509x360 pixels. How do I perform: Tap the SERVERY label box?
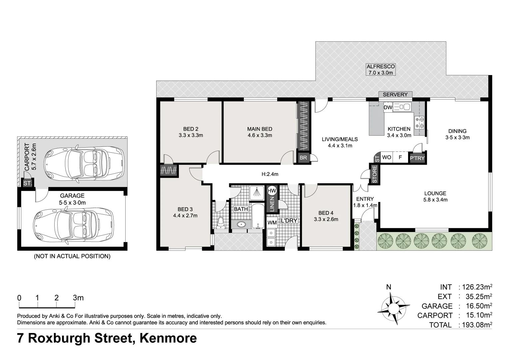(395, 95)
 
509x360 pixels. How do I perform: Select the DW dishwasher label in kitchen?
(388, 107)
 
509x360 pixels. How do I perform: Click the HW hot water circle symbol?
(272, 191)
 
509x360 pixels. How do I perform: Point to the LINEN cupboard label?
(272, 204)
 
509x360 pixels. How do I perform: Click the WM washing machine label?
(272, 222)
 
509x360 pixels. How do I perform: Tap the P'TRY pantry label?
(417, 158)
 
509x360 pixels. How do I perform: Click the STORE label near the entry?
(374, 174)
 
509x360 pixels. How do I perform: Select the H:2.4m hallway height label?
(269, 174)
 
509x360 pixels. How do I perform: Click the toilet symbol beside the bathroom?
(220, 222)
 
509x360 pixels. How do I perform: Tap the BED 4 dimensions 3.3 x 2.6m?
(325, 219)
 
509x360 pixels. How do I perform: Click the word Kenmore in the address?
(168, 338)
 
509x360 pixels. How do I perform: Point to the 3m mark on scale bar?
(78, 298)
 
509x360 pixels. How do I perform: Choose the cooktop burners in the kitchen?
(419, 122)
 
